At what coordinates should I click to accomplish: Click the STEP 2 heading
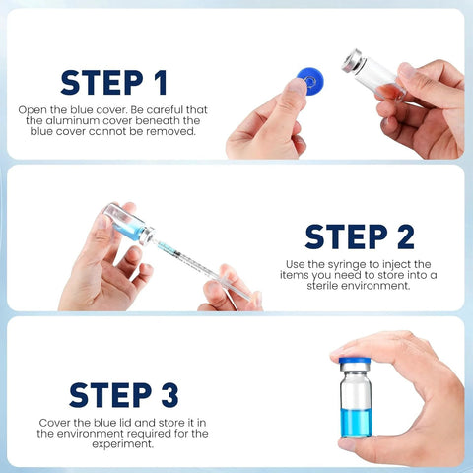(x=359, y=236)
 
